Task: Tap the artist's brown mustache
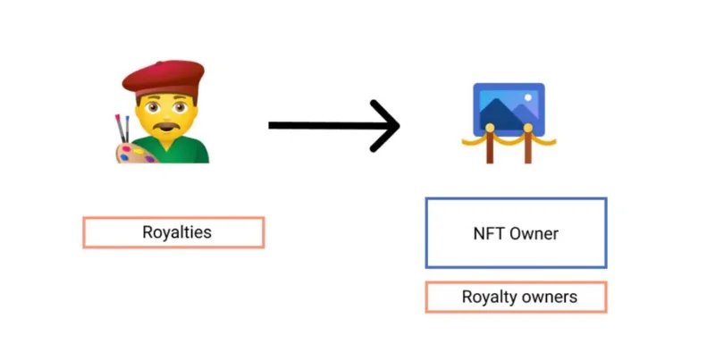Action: (166, 126)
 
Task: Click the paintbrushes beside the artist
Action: (122, 129)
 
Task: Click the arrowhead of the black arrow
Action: (385, 126)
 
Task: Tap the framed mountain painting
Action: (509, 109)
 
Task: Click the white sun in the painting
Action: (528, 97)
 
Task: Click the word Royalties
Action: (177, 232)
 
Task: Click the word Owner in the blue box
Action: (534, 234)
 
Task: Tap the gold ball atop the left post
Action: (490, 128)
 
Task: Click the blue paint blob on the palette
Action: (124, 157)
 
